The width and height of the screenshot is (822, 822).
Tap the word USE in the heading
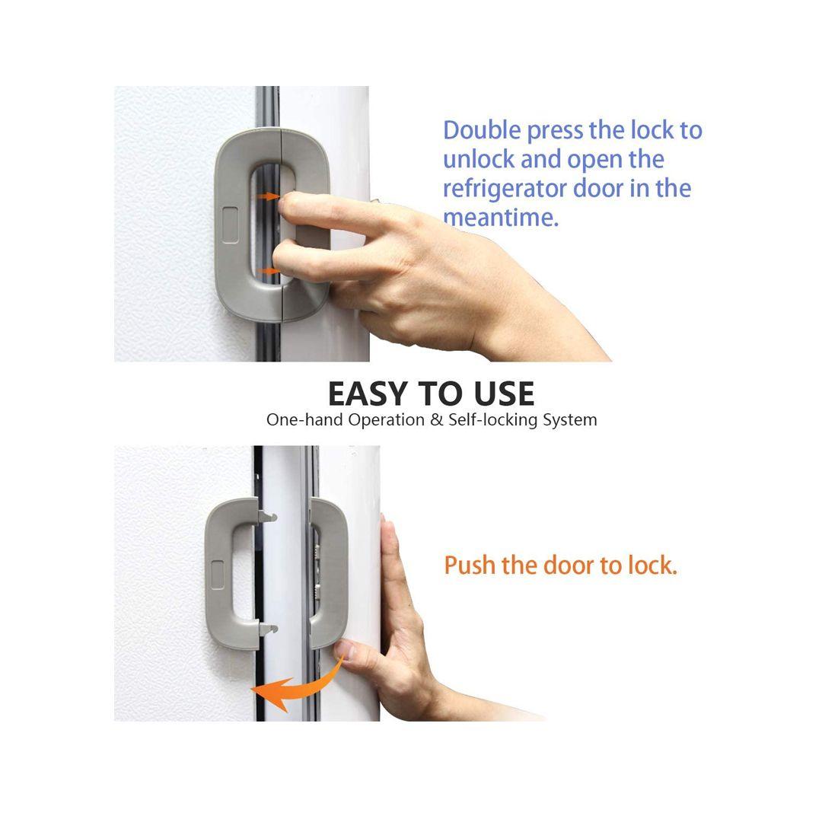[504, 394]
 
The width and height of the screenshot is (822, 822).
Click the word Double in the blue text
[482, 131]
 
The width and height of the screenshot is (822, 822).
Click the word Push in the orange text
[469, 566]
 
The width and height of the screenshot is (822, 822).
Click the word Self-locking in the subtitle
[492, 420]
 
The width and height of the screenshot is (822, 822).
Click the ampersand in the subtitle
[436, 420]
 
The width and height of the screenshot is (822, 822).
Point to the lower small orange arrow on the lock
[270, 271]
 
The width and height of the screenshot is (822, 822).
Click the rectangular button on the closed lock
[230, 225]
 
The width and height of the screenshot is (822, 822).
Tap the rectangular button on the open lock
[216, 575]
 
